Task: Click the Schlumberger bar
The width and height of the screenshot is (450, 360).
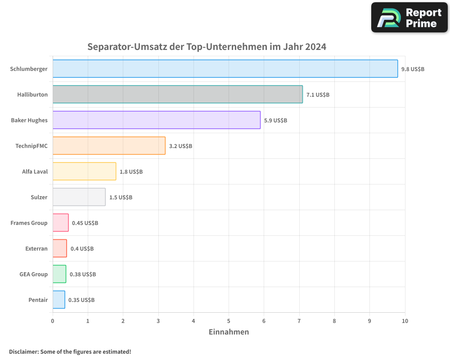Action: point(225,69)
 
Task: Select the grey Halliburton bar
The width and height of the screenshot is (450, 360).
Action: point(177,94)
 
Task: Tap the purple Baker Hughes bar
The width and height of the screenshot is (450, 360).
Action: point(156,120)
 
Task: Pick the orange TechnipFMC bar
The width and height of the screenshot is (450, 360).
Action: point(109,146)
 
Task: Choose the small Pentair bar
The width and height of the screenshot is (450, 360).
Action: point(58,300)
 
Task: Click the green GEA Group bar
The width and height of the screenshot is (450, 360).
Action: point(59,274)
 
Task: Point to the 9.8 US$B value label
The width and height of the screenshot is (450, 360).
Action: point(413,69)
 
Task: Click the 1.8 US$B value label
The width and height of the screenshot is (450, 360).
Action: point(131,172)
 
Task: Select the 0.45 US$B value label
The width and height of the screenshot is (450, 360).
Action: point(85,223)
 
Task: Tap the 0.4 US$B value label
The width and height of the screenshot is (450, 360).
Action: point(82,249)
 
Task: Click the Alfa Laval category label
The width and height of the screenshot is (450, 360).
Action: point(35,171)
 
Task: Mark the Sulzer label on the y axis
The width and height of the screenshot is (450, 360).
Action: point(39,197)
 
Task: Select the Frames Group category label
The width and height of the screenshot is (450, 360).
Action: point(29,223)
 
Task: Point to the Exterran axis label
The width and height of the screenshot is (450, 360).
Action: point(36,248)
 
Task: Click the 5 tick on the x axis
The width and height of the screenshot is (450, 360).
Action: point(229,321)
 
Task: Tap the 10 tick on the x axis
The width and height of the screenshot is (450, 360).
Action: point(405,321)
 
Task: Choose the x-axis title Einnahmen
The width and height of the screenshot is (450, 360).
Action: point(229,332)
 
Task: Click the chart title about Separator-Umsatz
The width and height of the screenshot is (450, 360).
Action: point(207,47)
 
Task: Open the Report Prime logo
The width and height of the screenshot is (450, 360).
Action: point(409,18)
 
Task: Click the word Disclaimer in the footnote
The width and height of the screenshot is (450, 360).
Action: point(23,351)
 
